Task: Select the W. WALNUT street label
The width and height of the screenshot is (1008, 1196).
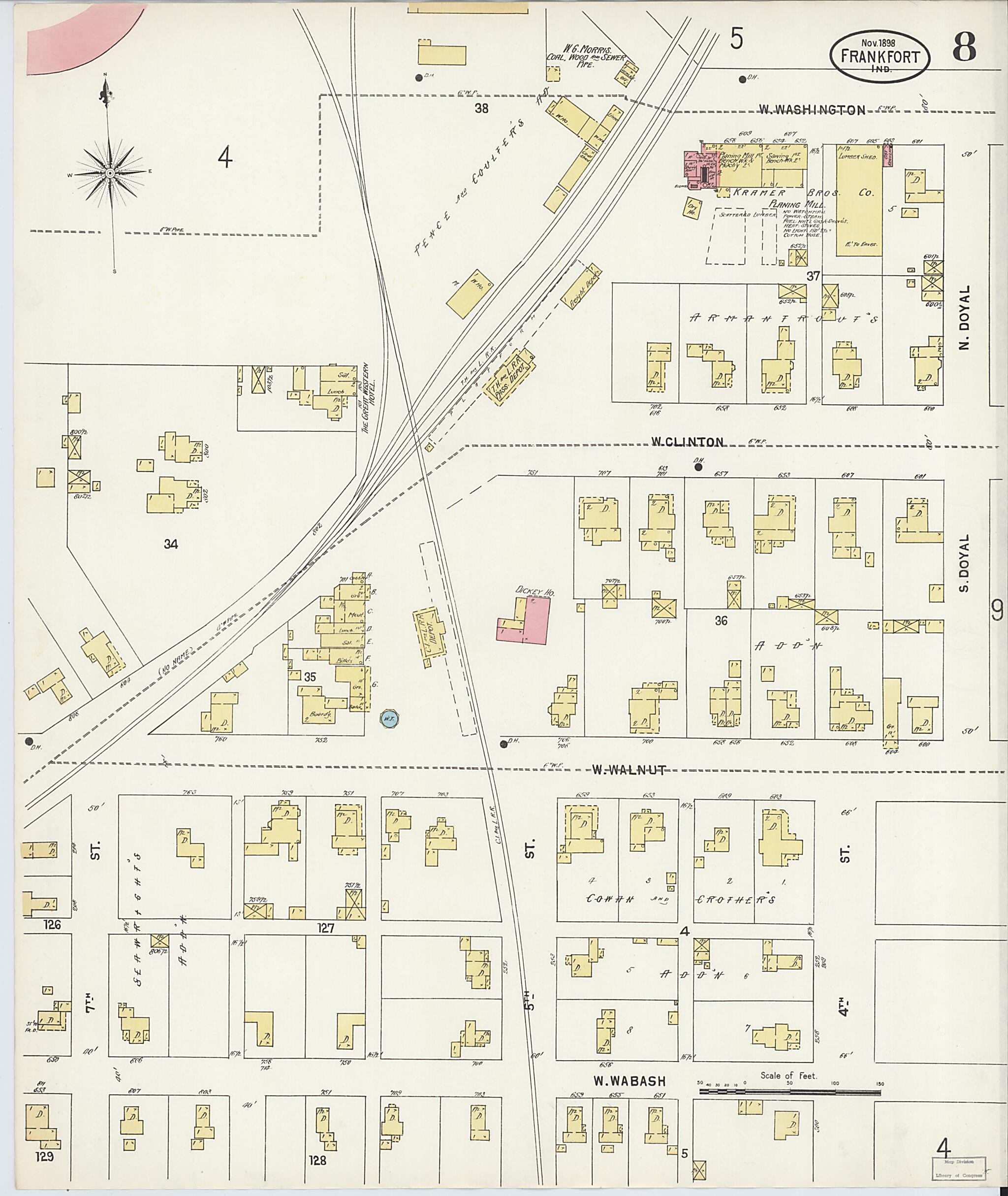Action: tap(628, 770)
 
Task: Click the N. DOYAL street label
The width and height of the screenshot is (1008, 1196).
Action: tap(965, 318)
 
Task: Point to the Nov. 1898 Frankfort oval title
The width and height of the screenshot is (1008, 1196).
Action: tap(880, 57)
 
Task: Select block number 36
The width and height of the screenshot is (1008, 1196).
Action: tap(721, 620)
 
